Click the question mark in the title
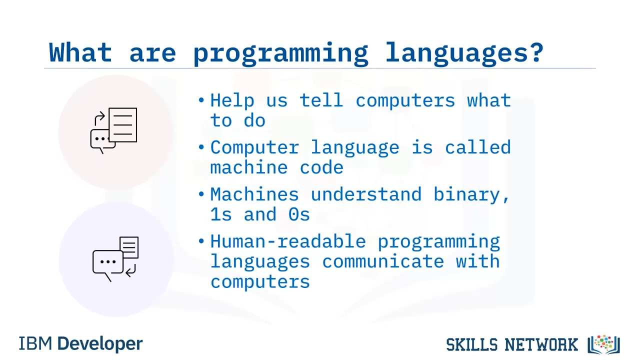click(x=535, y=52)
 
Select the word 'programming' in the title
click(x=280, y=53)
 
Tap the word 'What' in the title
click(x=80, y=52)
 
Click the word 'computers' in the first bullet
click(x=405, y=100)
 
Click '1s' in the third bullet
click(x=221, y=214)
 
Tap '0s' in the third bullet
click(x=299, y=214)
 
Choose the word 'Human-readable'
click(x=288, y=241)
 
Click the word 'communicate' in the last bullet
click(x=383, y=261)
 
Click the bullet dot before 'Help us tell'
click(x=201, y=100)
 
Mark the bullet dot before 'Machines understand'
click(x=201, y=194)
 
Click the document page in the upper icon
click(x=123, y=125)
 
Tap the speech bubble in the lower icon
click(x=107, y=264)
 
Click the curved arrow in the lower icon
click(x=131, y=270)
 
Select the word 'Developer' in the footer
click(x=100, y=343)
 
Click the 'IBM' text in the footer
click(x=35, y=343)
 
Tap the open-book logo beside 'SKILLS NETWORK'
click(x=603, y=344)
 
